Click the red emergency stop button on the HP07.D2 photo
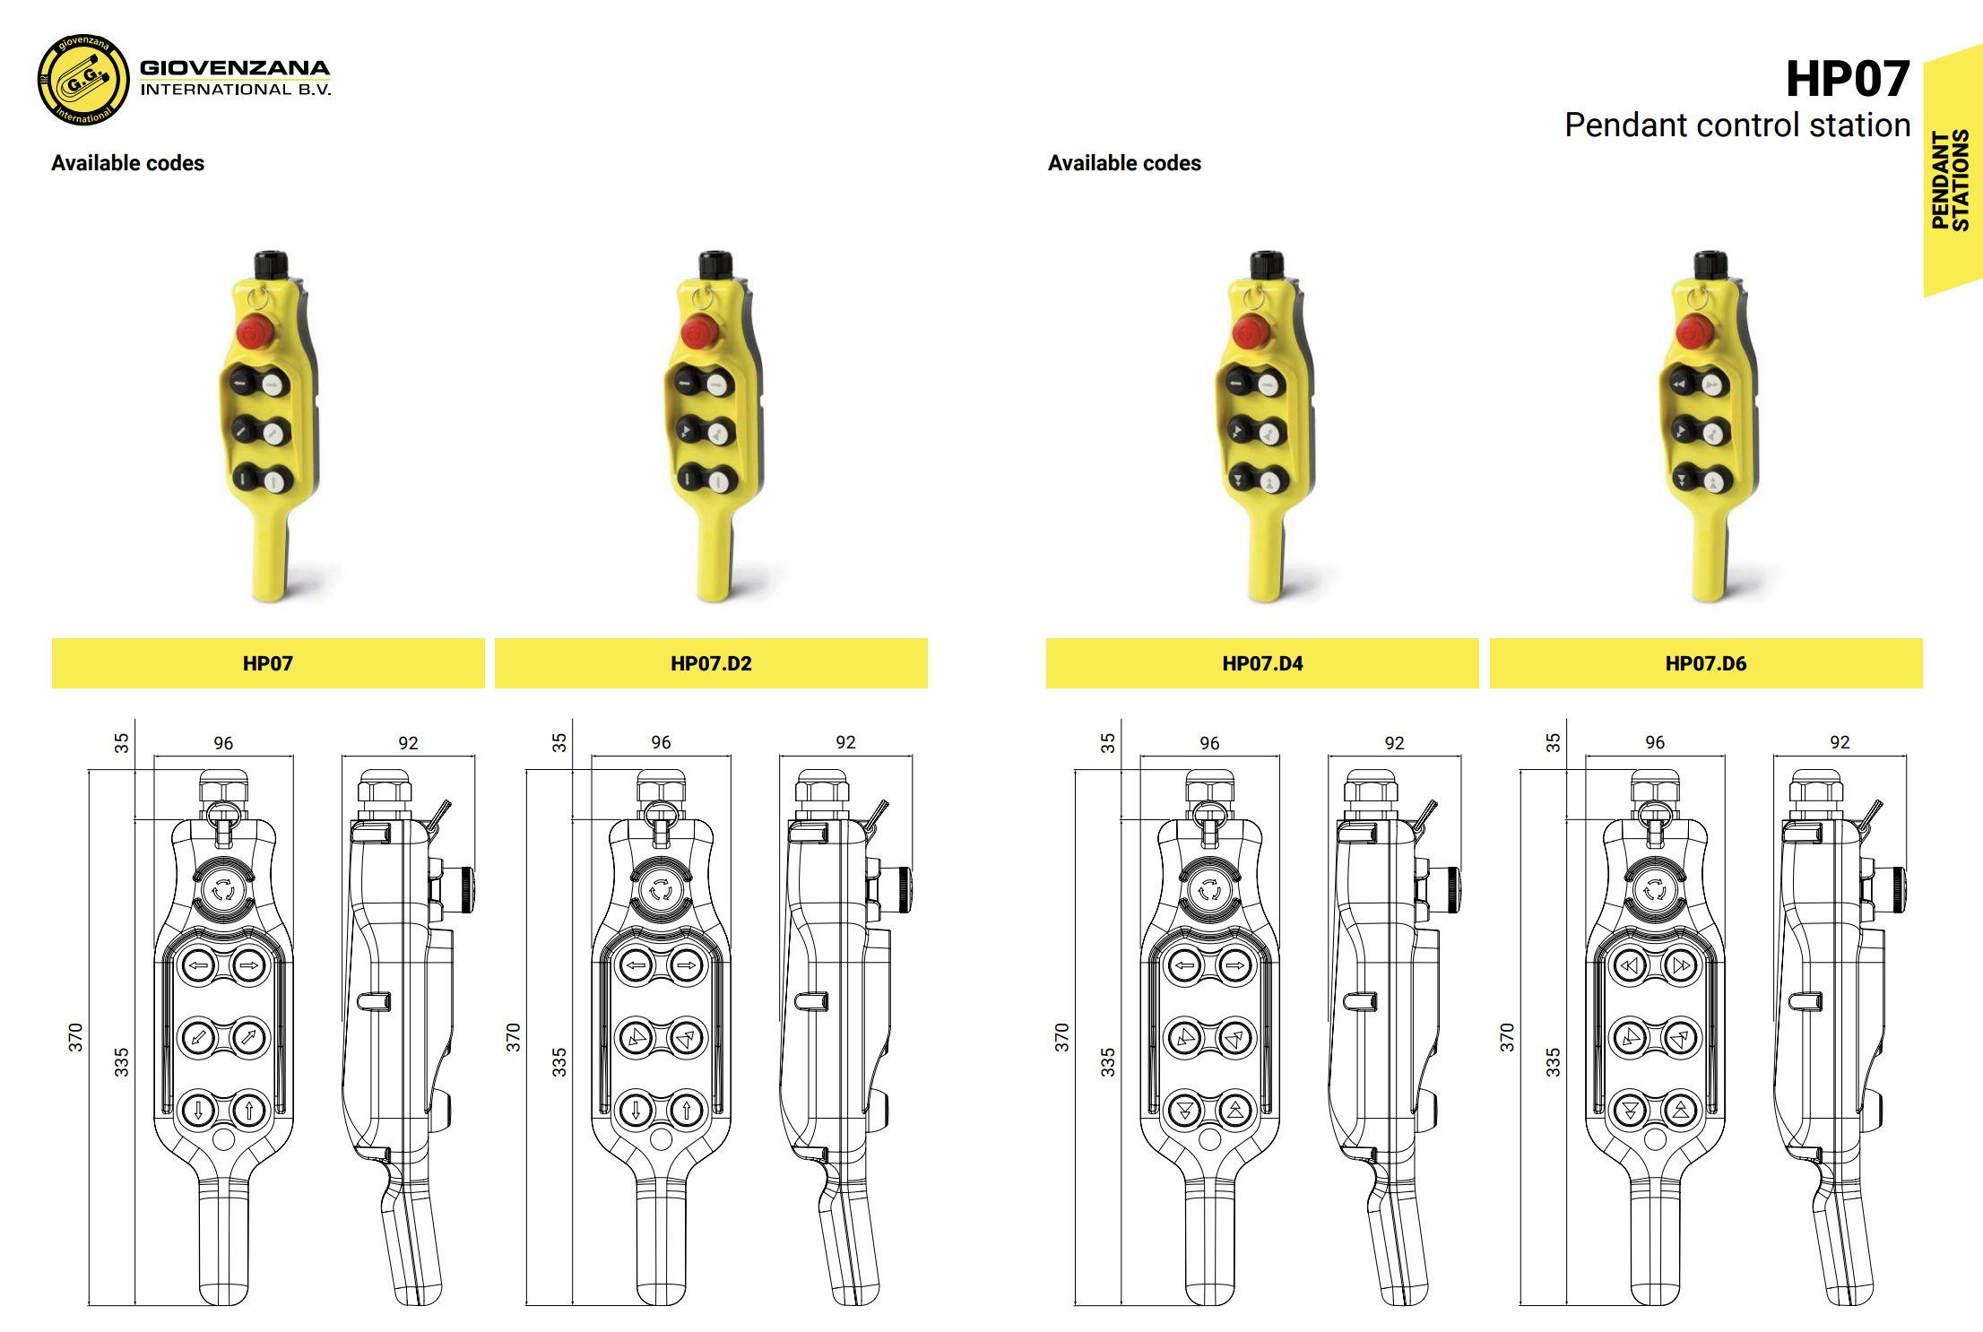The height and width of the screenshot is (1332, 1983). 698,331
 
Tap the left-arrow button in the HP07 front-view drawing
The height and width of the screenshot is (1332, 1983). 198,965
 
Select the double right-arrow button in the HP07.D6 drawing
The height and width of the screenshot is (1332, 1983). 1681,965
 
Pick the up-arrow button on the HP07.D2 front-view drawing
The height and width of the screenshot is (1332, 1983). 687,1110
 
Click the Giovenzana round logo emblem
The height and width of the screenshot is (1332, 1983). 82,80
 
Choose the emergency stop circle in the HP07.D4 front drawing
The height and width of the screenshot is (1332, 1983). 1209,889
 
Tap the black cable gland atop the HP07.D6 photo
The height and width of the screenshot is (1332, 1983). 1710,264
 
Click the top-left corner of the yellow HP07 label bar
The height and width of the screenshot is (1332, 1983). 52,638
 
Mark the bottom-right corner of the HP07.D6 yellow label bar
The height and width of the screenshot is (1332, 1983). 1923,688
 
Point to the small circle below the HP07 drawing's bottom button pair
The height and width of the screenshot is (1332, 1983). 223,1139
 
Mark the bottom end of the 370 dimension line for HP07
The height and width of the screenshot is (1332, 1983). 89,1305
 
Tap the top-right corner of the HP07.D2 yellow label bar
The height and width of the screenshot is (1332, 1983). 928,638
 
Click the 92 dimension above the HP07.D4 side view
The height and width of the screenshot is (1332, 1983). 1394,742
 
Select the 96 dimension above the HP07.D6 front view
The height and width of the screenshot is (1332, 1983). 1655,742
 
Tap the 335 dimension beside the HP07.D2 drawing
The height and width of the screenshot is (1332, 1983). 559,1062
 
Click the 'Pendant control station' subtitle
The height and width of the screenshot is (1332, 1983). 1737,125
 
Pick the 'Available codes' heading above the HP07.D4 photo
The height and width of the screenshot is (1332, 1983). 1124,163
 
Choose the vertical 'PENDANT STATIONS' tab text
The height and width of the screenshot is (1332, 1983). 1951,180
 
